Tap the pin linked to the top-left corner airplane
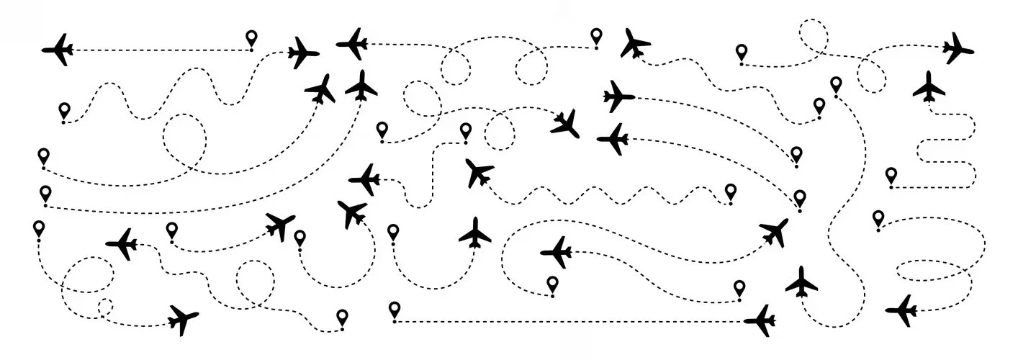[251, 39]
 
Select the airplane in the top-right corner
[958, 48]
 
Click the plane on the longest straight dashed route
[760, 320]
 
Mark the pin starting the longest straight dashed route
[394, 310]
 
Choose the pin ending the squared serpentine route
[891, 176]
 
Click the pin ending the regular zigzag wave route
[731, 192]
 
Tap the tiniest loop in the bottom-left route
[105, 307]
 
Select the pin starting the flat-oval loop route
[878, 218]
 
